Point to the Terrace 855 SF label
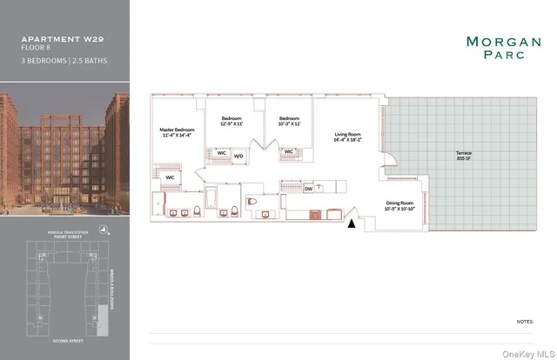(463, 155)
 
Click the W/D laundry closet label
(238, 157)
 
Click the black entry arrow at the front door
(352, 223)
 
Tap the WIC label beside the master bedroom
(171, 177)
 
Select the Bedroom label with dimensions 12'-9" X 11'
(231, 121)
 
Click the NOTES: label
(524, 321)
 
